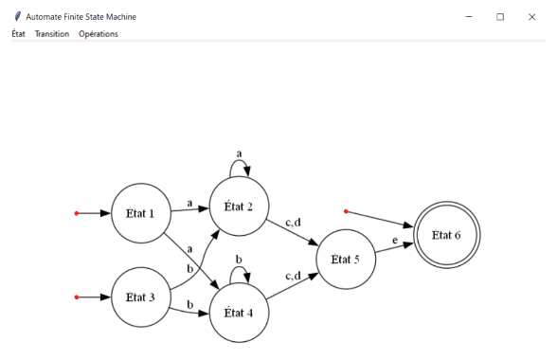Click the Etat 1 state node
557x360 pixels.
coord(140,213)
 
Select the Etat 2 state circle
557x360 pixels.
coord(240,206)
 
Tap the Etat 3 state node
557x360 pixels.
coord(140,297)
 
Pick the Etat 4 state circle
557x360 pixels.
coord(240,312)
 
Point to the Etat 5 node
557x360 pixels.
coord(346,259)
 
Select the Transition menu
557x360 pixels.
coord(52,34)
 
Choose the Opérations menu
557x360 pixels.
coord(99,34)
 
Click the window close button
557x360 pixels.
coord(531,16)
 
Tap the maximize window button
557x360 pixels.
coord(500,16)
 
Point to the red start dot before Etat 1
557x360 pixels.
coord(77,213)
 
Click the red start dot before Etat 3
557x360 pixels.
coord(77,297)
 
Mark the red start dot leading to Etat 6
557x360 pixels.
coord(347,211)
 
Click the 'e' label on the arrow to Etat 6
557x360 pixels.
coord(395,241)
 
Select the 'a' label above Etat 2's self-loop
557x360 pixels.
coord(239,152)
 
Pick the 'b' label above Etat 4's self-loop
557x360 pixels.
coord(239,258)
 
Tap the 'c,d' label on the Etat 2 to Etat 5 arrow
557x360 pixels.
coord(293,222)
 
